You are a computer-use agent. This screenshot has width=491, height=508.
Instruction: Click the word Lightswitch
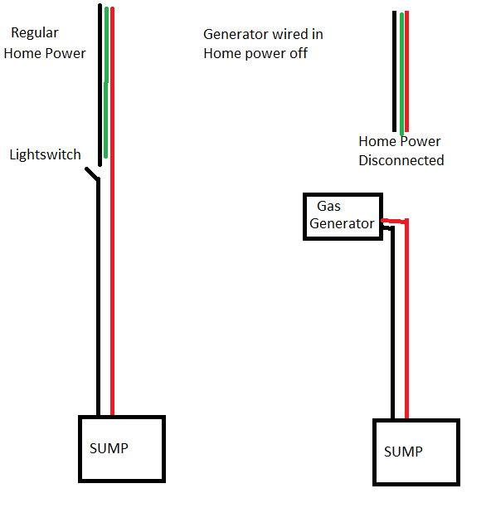45,154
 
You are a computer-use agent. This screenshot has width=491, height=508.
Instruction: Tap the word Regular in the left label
35,33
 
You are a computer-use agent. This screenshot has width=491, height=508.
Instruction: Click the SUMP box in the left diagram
121,448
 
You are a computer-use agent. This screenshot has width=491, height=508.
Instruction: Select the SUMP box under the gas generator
416,452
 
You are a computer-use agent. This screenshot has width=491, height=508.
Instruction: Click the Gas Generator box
343,217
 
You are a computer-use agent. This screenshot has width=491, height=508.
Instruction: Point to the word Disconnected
401,160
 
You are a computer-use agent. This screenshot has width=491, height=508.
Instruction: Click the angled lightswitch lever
91,174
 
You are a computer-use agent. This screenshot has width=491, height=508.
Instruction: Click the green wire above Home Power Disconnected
401,75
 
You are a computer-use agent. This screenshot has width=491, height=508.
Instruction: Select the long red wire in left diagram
112,249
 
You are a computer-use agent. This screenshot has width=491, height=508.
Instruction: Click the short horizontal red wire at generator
393,221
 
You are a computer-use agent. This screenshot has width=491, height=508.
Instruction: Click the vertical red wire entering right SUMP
406,332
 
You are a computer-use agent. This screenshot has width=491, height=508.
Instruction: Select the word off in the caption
296,53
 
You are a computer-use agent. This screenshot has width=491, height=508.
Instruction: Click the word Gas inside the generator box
328,205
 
